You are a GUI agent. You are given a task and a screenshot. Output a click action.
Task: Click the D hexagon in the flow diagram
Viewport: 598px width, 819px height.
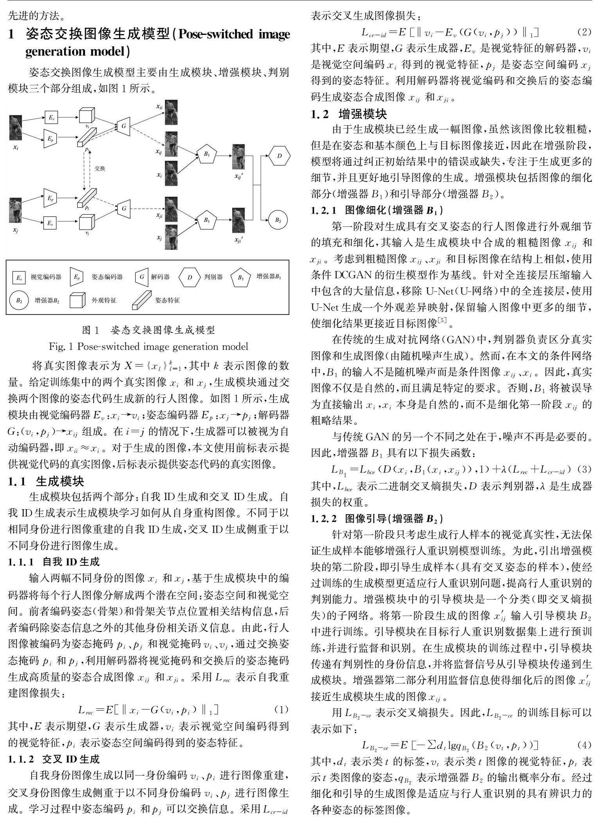point(279,156)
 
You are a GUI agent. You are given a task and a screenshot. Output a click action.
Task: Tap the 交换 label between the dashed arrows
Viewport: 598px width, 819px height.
point(100,169)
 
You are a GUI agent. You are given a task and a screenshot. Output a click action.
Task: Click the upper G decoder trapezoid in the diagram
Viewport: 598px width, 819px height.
point(124,126)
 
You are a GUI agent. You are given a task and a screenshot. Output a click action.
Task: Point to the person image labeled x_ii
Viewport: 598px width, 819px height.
point(171,112)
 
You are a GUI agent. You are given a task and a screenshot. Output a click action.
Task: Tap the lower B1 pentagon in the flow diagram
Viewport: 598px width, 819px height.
point(206,220)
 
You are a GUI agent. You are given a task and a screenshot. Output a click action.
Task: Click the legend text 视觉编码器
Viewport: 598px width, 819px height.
point(46,277)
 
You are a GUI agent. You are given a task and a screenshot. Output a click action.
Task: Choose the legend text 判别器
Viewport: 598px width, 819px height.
point(213,277)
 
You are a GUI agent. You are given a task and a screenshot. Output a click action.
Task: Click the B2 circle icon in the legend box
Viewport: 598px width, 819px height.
point(19,300)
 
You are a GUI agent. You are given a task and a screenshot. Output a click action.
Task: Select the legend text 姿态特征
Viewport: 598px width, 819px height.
point(167,300)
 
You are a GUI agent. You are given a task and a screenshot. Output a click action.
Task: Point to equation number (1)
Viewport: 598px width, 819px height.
point(281,709)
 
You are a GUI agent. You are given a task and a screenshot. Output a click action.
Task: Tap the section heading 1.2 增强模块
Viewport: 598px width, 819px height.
point(349,114)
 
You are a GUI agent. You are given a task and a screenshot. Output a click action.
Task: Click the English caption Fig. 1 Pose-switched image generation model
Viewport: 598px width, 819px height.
point(149,347)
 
